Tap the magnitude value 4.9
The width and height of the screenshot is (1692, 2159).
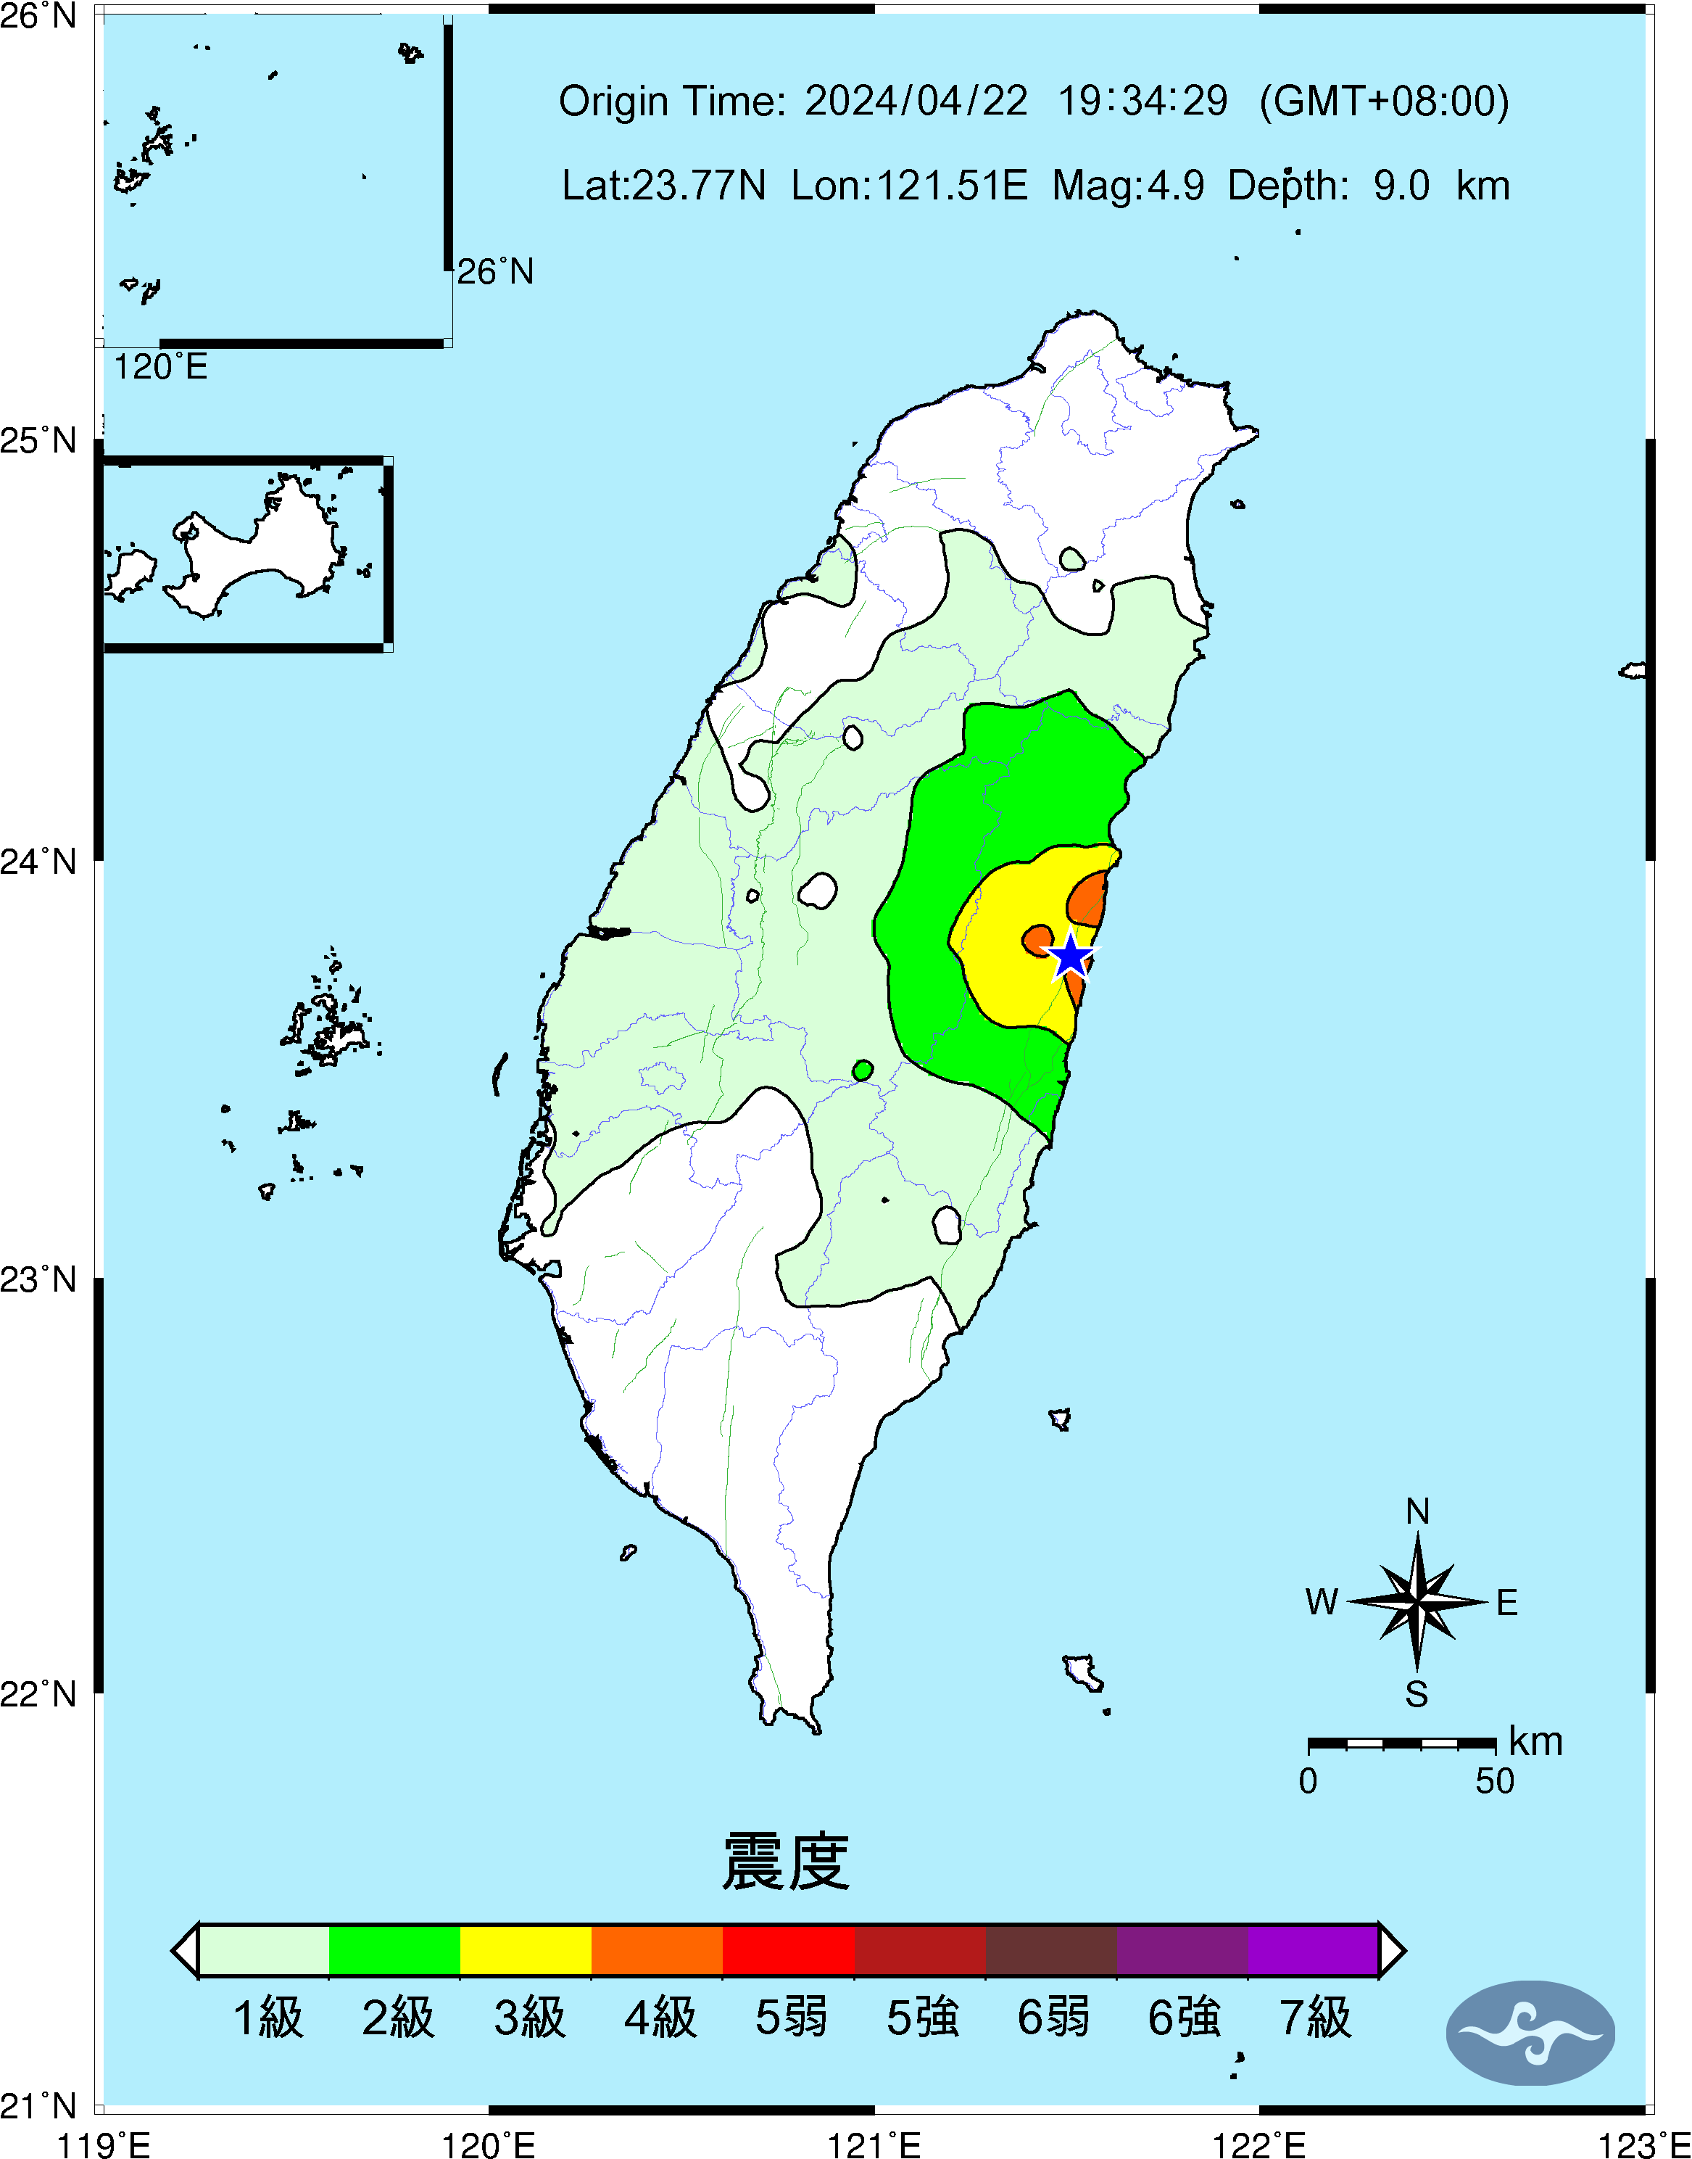(x=1176, y=185)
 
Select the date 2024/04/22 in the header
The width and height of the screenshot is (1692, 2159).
(x=916, y=101)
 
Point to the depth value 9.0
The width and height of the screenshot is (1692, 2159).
(x=1401, y=185)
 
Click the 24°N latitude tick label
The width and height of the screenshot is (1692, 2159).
(x=38, y=861)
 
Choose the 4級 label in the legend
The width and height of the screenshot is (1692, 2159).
(x=660, y=2018)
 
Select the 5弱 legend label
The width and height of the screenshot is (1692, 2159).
(x=790, y=2018)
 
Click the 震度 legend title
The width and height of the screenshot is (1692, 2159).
(x=786, y=1862)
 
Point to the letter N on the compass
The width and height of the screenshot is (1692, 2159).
(x=1417, y=1512)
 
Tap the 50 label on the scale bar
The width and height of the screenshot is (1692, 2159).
(x=1494, y=1781)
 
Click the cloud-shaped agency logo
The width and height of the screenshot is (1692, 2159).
(x=1530, y=2033)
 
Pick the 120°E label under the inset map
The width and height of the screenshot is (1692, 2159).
(x=160, y=368)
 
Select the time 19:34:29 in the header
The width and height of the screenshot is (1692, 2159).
(x=1143, y=101)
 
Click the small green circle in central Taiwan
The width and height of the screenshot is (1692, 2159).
(x=863, y=1070)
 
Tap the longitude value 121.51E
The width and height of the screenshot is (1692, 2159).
(x=908, y=185)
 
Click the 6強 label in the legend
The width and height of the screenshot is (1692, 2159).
(x=1184, y=2018)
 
